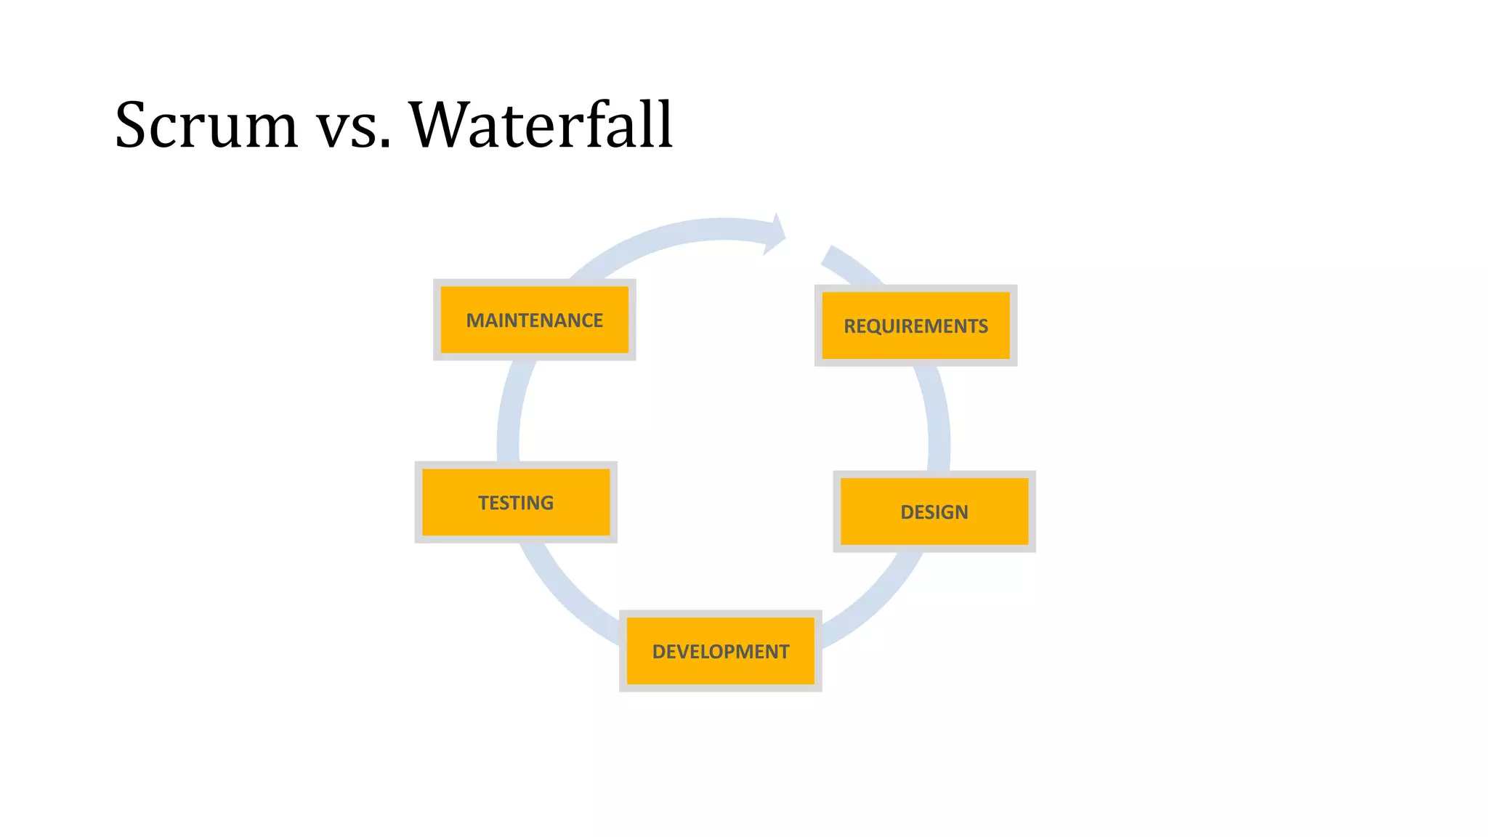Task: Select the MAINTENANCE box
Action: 534,320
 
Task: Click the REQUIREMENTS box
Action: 915,325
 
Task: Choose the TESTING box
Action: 516,502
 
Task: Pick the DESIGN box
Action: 934,511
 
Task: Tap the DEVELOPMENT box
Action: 720,651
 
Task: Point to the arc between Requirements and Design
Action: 937,421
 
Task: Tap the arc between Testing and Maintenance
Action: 509,414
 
